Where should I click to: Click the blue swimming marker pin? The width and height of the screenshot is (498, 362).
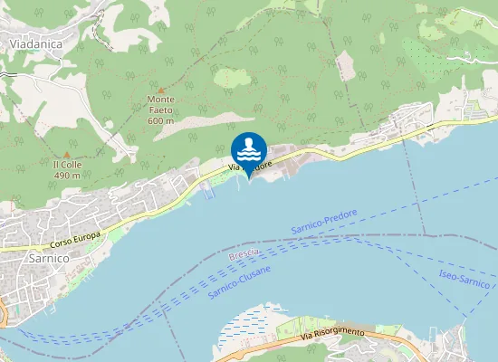pos(248,149)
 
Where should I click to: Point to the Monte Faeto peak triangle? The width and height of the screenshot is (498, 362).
pos(161,90)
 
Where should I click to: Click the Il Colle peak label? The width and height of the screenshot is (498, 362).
pos(67,164)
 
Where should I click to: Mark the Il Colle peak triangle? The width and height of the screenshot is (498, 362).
pos(66,154)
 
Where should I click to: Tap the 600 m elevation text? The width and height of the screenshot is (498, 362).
pos(160,120)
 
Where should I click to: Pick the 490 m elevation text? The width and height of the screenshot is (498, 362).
pos(67,175)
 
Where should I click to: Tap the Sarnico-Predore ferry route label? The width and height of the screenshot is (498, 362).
pos(324,223)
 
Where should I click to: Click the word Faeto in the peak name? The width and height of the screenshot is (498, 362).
pos(160,110)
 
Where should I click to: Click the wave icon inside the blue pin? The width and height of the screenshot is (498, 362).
pos(248,147)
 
